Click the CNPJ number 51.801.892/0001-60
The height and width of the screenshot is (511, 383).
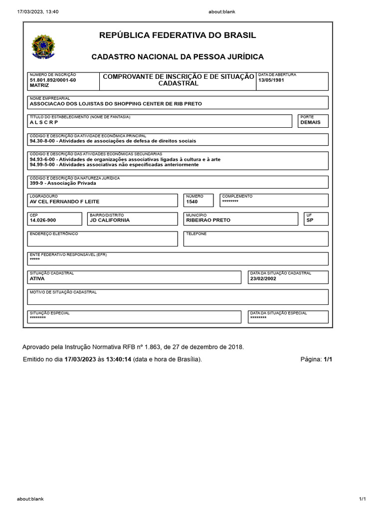point(53,80)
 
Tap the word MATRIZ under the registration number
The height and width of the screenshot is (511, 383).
point(39,85)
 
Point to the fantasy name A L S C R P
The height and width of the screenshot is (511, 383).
point(44,122)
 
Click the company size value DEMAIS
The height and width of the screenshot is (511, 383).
point(310,122)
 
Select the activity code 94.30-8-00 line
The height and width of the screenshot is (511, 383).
point(113,141)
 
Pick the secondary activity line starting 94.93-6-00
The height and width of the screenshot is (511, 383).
point(125,159)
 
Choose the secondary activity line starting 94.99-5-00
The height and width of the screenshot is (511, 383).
point(114,164)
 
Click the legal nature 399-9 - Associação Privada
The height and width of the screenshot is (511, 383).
point(63,183)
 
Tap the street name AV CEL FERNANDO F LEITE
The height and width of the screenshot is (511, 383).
point(65,202)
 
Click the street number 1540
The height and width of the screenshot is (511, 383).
point(192,202)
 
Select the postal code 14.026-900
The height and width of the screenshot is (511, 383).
point(43,220)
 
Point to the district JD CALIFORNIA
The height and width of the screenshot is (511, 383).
point(110,220)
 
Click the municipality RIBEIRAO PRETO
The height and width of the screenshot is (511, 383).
point(208,220)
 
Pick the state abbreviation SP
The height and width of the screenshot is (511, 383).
point(310,220)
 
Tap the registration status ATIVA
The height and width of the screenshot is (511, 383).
point(37,279)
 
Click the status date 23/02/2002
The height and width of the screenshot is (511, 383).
point(263,279)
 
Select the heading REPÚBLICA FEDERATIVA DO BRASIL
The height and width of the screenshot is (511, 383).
point(178,35)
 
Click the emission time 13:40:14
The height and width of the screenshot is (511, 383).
point(119,359)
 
